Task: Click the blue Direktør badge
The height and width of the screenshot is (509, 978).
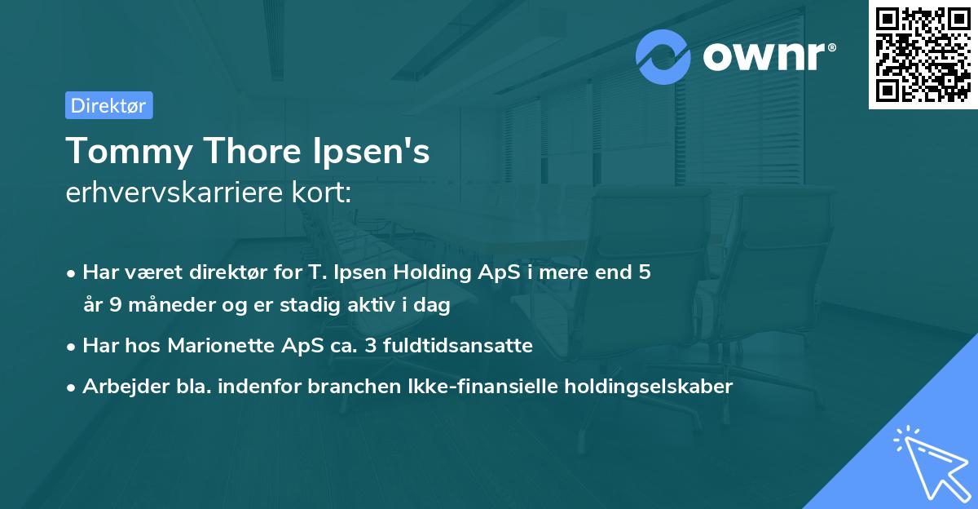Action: pos(108,105)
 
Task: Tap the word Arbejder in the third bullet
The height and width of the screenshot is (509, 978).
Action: pos(119,387)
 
